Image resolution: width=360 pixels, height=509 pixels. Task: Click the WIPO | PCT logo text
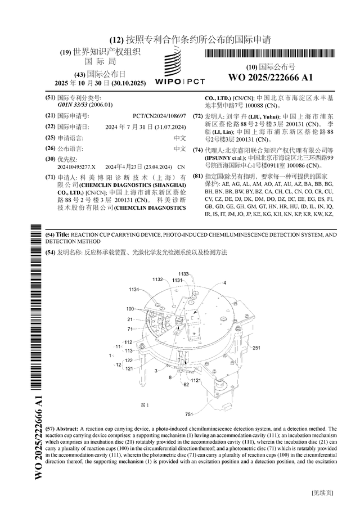(x=179, y=82)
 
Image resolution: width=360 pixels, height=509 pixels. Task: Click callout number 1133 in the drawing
(x=183, y=274)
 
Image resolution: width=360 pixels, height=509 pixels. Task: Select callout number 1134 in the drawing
(x=133, y=289)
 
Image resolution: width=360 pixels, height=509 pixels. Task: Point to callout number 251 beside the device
(x=256, y=348)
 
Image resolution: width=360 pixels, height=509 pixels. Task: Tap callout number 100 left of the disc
(x=130, y=309)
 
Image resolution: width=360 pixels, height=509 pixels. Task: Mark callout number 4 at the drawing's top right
(x=224, y=282)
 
